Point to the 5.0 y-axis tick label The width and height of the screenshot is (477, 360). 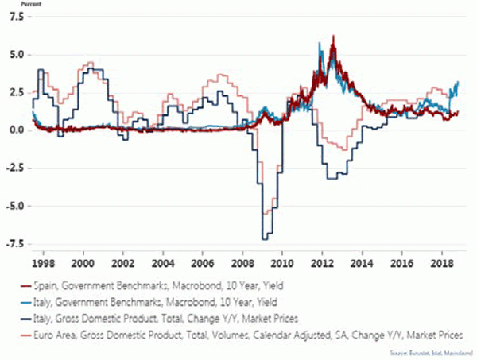click(15, 55)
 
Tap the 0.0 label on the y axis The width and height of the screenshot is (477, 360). click(15, 130)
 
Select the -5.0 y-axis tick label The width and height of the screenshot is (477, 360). click(14, 206)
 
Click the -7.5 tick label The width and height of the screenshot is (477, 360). click(14, 244)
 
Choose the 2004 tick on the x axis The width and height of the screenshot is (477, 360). click(163, 261)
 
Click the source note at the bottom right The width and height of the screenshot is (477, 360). click(432, 351)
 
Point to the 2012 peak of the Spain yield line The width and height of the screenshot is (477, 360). click(333, 37)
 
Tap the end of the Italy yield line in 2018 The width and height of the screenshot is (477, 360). click(459, 82)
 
